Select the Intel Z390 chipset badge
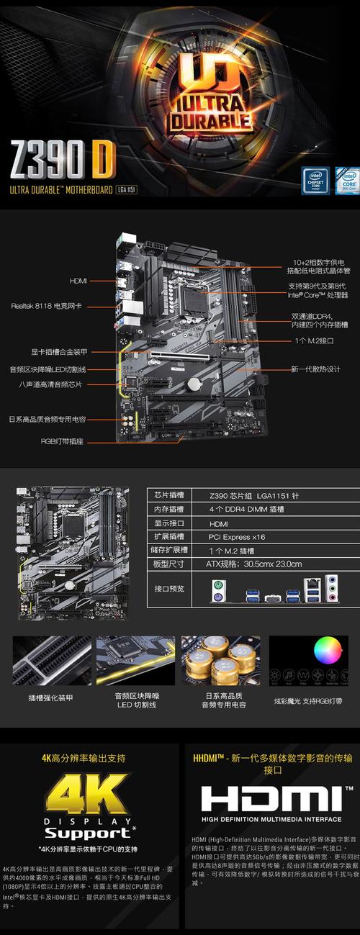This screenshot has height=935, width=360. coord(315,181)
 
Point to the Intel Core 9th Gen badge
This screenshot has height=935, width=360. coord(346,181)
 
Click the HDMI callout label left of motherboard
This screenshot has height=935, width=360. coord(78,281)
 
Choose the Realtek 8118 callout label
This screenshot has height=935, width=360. coord(46,306)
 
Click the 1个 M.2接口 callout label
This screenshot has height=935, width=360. coord(314,340)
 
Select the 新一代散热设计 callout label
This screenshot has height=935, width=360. coord(315,369)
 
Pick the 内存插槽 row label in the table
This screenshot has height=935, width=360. coord(169,509)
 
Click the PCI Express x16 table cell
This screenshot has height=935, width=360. coord(237,537)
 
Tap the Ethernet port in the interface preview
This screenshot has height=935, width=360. coord(314,587)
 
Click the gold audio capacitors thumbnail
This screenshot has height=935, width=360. coord(220,660)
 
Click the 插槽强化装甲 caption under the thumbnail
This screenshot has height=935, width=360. coord(50,698)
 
